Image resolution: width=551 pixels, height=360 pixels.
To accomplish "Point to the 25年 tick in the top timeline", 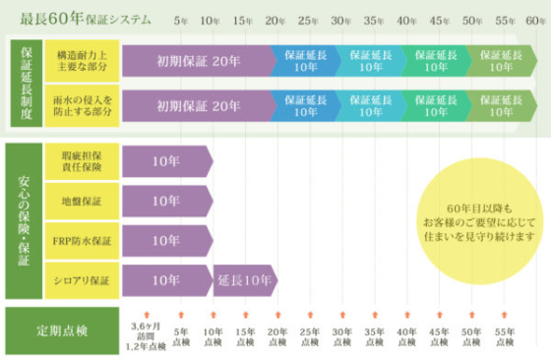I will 309,20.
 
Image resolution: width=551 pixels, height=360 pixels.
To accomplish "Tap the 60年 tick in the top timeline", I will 534,20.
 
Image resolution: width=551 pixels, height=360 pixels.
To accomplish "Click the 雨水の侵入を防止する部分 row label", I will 83,106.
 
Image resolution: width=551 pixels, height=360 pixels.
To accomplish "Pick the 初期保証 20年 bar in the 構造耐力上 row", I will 197,61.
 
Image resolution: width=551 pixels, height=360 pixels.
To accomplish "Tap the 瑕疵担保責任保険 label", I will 83,162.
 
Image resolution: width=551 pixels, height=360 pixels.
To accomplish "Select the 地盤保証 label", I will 83,202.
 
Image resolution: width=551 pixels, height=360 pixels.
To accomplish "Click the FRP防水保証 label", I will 83,241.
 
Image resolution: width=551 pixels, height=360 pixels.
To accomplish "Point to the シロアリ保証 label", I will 83,280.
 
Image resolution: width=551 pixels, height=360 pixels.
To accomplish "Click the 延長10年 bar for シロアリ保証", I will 245,280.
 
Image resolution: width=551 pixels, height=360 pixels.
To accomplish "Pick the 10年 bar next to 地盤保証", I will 165,202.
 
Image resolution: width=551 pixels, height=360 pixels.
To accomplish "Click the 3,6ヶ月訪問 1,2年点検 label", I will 147,336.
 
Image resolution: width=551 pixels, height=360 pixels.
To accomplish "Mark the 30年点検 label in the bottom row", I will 341,336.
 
